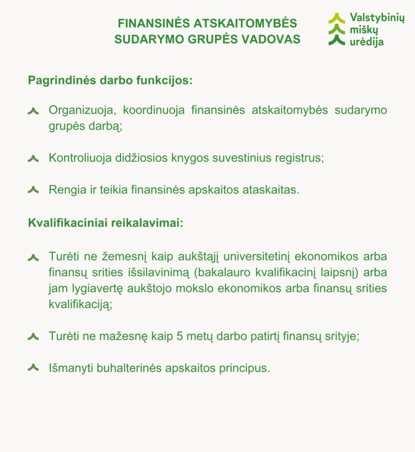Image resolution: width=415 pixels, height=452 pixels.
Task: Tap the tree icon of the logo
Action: [x=337, y=30]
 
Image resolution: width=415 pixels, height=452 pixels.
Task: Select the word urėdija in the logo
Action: [x=366, y=42]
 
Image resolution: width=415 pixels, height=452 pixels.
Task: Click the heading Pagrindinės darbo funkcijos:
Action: [x=110, y=81]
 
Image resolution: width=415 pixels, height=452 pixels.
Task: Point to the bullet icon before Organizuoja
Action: [x=33, y=111]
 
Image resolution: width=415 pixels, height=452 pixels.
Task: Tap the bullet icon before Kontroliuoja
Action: [x=33, y=158]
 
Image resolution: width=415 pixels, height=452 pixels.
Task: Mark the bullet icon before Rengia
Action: [x=33, y=190]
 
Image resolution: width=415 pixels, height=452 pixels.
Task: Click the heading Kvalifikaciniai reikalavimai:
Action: [x=106, y=223]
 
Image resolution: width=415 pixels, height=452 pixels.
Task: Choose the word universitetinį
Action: [x=257, y=256]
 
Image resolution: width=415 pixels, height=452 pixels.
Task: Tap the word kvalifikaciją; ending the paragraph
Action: [x=80, y=304]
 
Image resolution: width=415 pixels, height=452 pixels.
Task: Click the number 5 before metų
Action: [x=179, y=336]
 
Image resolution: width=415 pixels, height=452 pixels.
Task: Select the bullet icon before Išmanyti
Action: [x=33, y=368]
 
